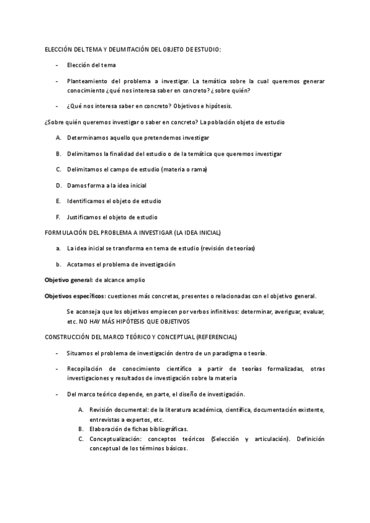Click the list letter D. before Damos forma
58,185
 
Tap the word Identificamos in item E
86,201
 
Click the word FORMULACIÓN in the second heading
65,233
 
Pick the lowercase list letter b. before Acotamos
58,264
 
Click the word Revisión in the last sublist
102,410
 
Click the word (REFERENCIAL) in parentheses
216,337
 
